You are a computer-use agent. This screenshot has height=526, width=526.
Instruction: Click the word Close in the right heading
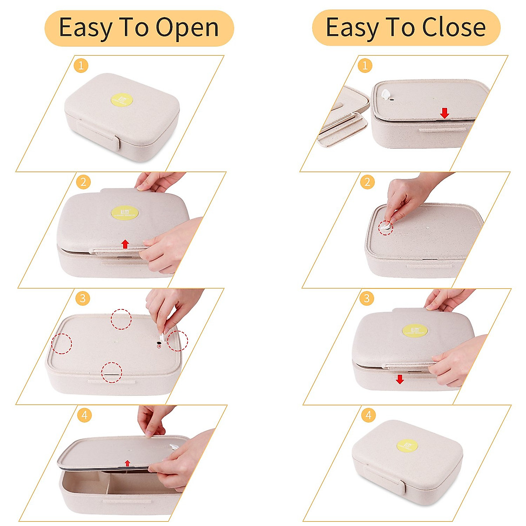pyautogui.click(x=454, y=28)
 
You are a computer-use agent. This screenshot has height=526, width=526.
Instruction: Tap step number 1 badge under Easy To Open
pyautogui.click(x=81, y=66)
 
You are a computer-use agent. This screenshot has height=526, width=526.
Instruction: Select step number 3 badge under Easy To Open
pyautogui.click(x=82, y=299)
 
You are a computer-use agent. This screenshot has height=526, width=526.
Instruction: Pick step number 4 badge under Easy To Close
pyautogui.click(x=368, y=415)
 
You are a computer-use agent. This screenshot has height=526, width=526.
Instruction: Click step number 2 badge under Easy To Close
pyautogui.click(x=367, y=181)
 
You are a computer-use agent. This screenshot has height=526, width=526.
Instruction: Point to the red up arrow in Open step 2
pyautogui.click(x=125, y=244)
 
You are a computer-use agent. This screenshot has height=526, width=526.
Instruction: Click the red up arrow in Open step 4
pyautogui.click(x=127, y=463)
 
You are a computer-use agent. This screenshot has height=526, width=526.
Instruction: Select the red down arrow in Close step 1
pyautogui.click(x=444, y=113)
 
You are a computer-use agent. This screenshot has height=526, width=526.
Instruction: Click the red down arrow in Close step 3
pyautogui.click(x=399, y=379)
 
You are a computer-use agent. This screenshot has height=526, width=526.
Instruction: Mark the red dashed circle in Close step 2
pyautogui.click(x=386, y=227)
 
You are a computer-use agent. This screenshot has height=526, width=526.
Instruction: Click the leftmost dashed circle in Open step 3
pyautogui.click(x=61, y=343)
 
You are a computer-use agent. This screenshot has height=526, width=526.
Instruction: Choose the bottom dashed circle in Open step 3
pyautogui.click(x=112, y=372)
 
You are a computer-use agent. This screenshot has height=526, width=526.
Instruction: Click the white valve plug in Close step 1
pyautogui.click(x=386, y=94)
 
